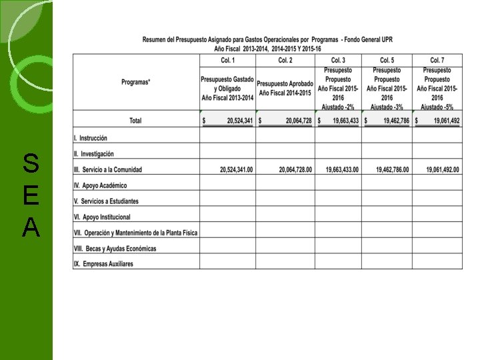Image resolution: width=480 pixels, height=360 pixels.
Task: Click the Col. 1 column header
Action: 227,60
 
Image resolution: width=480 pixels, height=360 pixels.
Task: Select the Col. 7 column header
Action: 437,60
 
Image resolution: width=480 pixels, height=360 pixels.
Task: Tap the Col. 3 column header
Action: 338,60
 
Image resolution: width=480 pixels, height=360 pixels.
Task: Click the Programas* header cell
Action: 136,82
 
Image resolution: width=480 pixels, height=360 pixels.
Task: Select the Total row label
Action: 135,121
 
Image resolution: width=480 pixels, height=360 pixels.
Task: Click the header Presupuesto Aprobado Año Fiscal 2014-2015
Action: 285,87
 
